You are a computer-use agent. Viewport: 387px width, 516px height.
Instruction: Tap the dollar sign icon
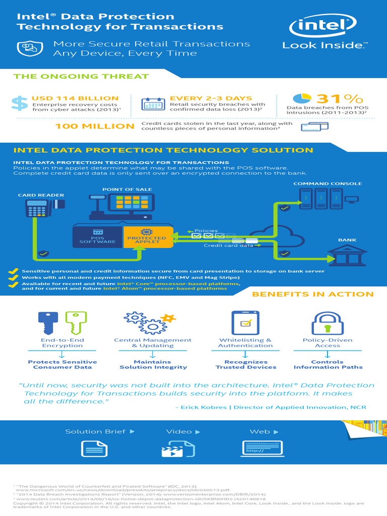20,103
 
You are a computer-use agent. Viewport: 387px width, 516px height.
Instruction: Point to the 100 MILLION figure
95,126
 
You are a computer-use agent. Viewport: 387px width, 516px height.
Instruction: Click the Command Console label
328,184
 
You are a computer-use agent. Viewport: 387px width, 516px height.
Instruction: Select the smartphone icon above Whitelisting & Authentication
245,322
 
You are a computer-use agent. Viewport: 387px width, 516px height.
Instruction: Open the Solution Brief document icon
96,448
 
